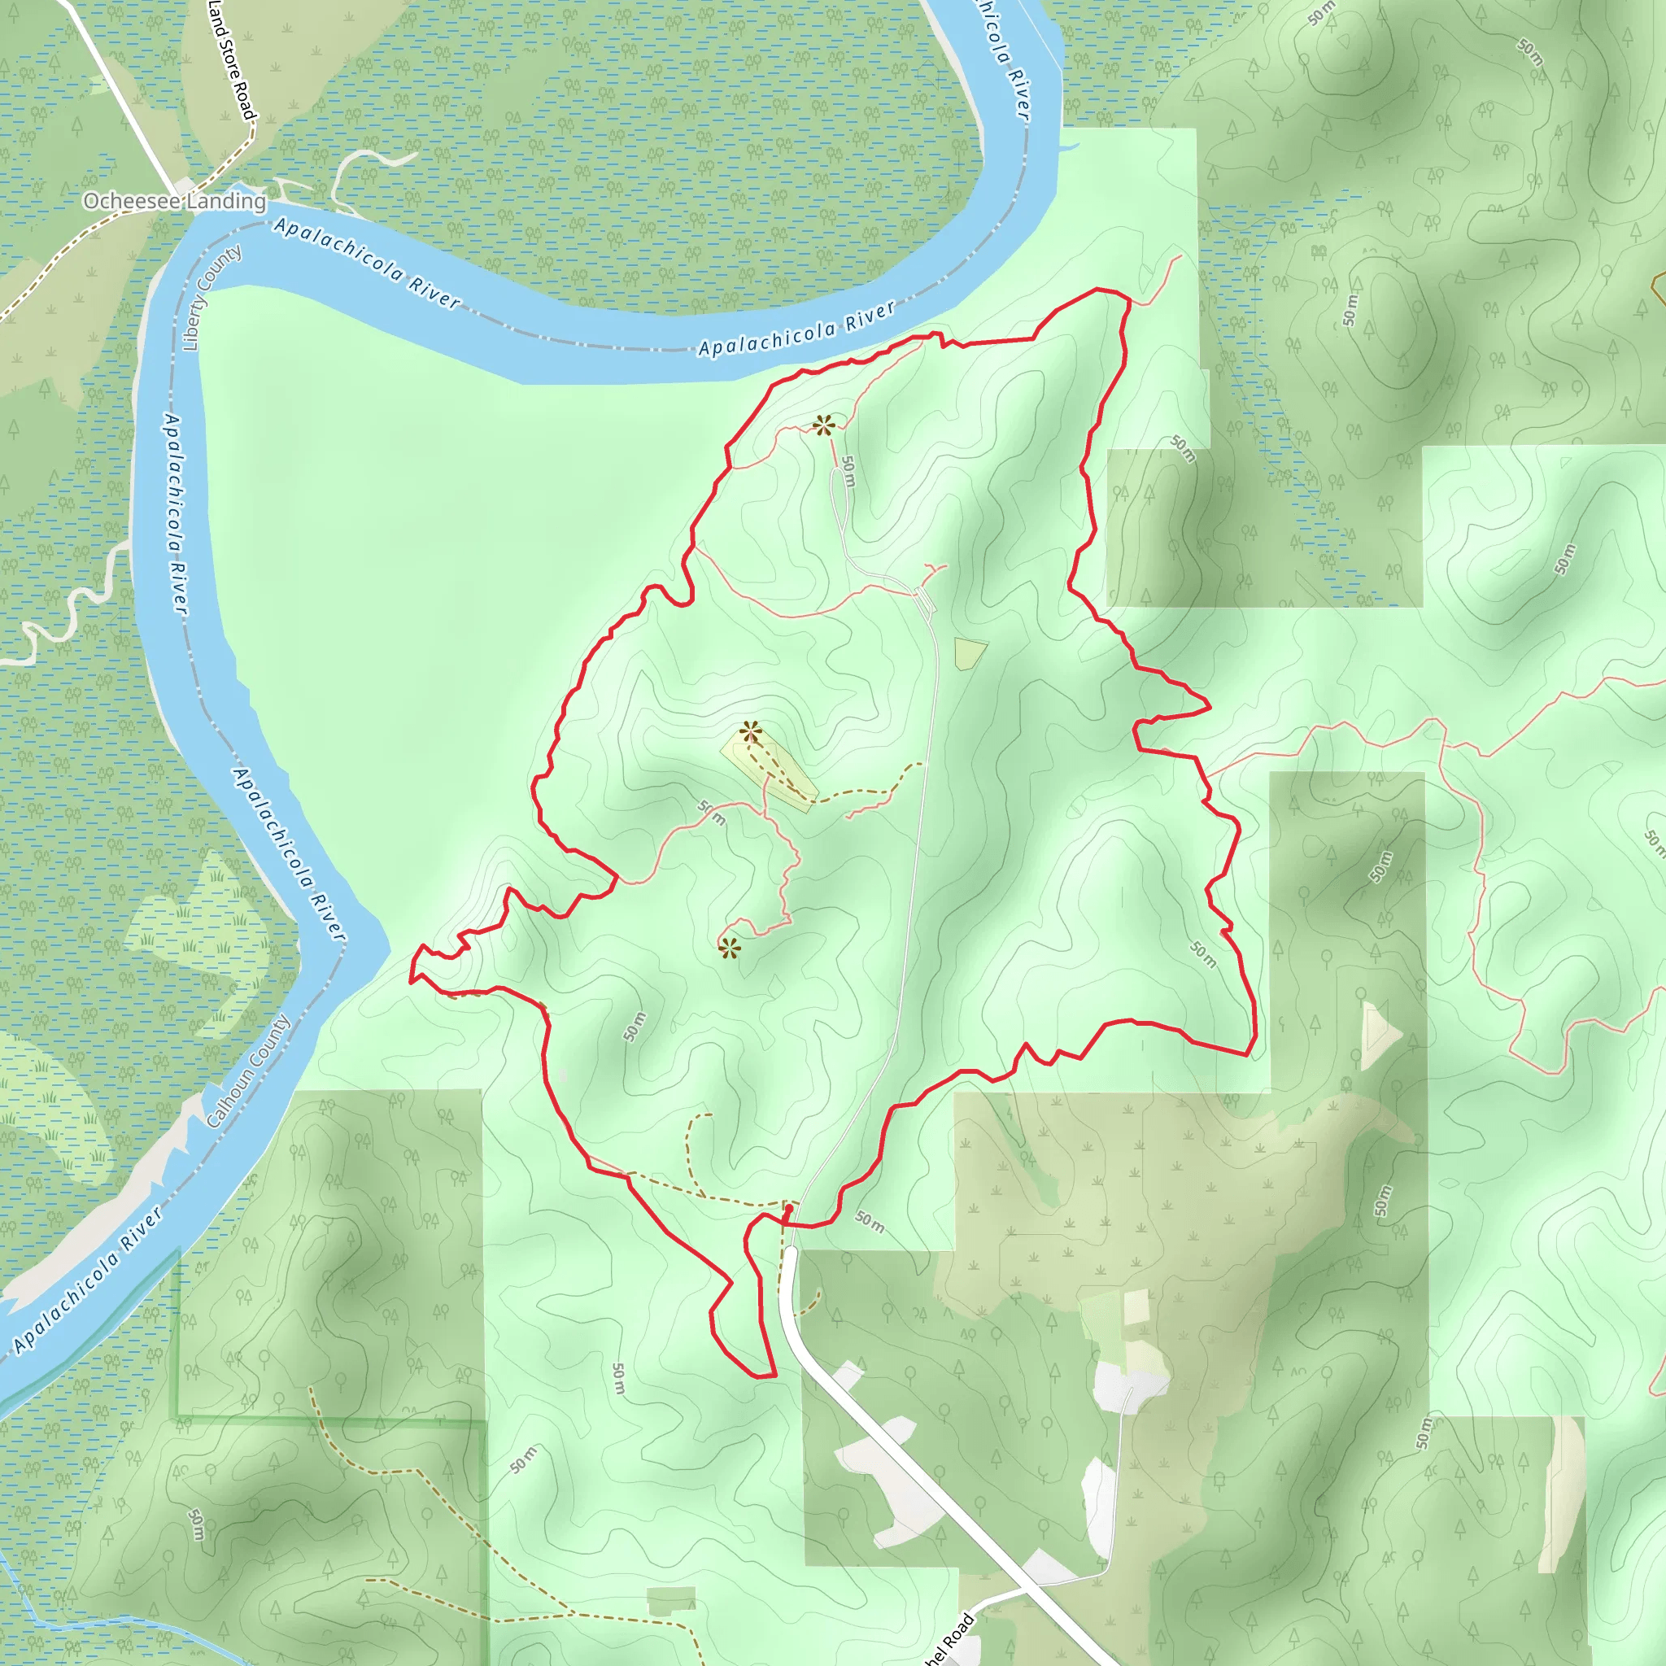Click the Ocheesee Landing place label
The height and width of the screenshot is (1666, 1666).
click(174, 201)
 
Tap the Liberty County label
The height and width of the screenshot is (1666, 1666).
click(211, 299)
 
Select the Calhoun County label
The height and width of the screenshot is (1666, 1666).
click(248, 1072)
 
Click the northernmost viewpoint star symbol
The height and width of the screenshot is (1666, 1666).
click(823, 425)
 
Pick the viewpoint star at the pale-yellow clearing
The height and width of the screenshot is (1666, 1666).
click(750, 732)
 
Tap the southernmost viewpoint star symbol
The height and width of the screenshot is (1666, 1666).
click(730, 949)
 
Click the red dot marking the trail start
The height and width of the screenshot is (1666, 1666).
click(787, 1210)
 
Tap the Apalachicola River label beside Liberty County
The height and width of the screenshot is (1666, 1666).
click(175, 514)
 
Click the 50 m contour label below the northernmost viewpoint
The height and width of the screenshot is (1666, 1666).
click(848, 471)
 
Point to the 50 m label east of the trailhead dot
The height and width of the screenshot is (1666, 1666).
click(870, 1221)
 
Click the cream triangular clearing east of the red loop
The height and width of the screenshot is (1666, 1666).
click(1378, 1035)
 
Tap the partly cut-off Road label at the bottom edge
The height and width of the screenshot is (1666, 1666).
click(949, 1638)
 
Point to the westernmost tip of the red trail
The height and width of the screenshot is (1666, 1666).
click(411, 980)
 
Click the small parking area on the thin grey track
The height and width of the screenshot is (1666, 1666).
click(923, 600)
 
